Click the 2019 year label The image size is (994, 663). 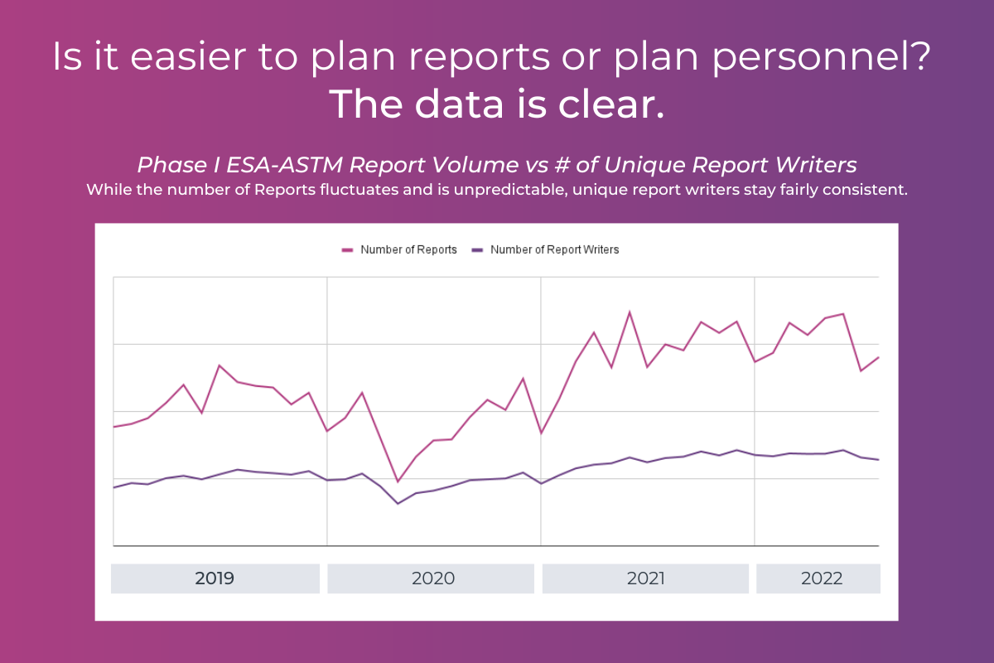[x=215, y=578]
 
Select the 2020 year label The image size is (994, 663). [x=433, y=578]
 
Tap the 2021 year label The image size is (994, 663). [x=646, y=578]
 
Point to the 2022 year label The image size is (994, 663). [x=822, y=578]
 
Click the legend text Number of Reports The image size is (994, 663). [x=408, y=249]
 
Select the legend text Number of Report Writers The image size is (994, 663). [x=554, y=249]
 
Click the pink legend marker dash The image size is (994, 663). [x=348, y=249]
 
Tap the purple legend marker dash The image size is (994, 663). [x=477, y=249]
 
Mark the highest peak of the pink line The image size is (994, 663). [x=630, y=312]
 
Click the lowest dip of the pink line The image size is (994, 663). [x=398, y=482]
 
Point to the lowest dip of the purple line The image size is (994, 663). [x=398, y=503]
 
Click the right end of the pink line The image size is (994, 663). [x=878, y=357]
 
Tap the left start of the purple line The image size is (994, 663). [x=113, y=487]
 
